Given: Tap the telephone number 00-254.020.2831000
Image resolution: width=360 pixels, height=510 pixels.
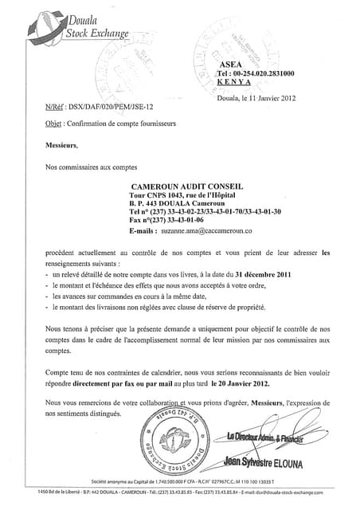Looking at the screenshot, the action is tap(260, 73).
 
